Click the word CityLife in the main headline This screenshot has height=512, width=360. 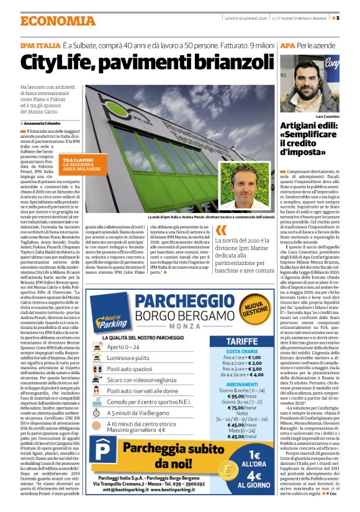pos(66,62)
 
